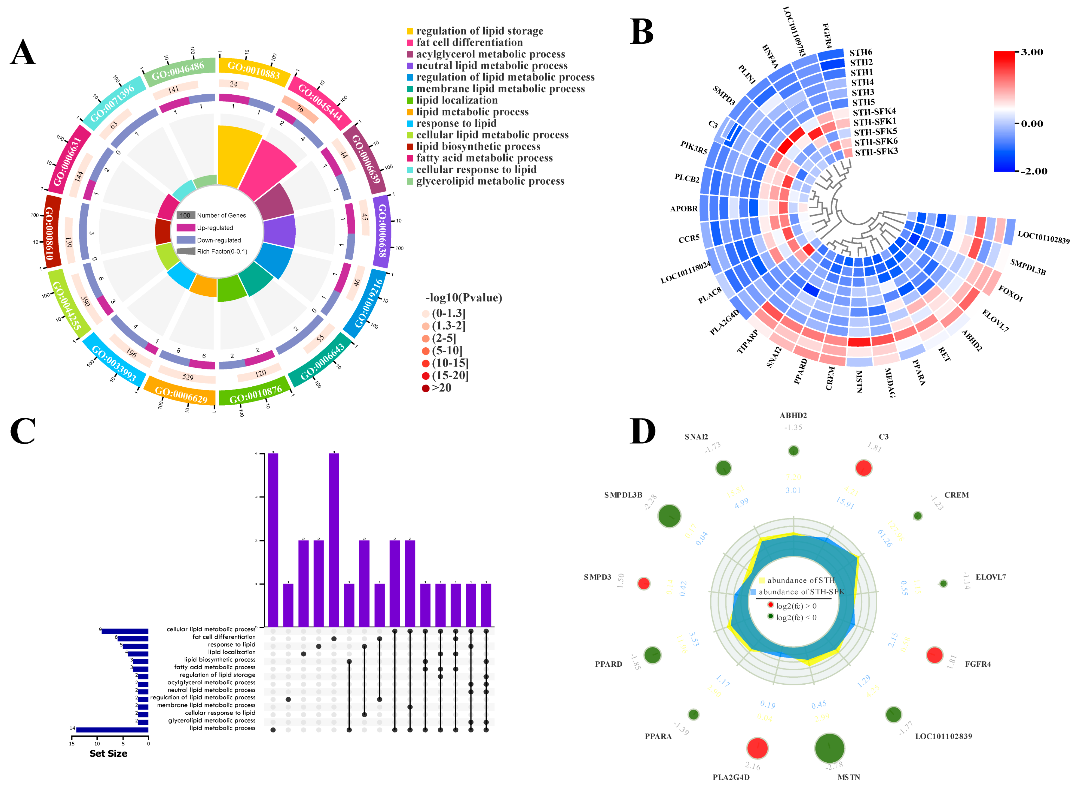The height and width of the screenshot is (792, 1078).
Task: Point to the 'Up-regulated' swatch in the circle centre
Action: tap(185, 228)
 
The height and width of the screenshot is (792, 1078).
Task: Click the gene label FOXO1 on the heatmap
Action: tap(1010, 293)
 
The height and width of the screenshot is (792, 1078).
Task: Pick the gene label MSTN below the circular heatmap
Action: tap(859, 382)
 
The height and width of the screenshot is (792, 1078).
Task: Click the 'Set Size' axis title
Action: tap(108, 753)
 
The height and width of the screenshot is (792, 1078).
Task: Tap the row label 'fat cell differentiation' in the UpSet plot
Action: tap(224, 637)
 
